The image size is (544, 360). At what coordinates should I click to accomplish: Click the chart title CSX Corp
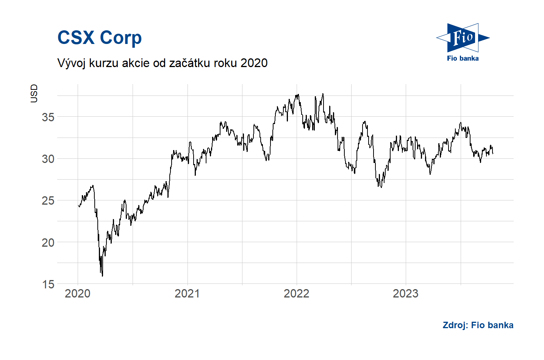pos(99,38)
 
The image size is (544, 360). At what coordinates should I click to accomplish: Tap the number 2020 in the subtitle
pos(254,63)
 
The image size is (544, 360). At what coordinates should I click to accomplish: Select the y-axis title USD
pos(34,93)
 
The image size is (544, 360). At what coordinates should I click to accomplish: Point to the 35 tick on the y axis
pos(48,117)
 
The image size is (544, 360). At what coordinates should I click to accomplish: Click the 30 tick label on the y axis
pos(48,159)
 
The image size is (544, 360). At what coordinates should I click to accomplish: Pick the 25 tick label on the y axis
pos(48,200)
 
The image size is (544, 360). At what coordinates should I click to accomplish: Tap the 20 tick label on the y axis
pos(48,243)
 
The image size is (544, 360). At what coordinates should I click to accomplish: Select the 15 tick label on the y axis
pos(48,284)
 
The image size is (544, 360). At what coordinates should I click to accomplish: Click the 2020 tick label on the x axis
pos(78,293)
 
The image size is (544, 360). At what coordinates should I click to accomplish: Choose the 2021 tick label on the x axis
pos(187,293)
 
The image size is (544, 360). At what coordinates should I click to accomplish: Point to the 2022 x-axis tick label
pos(296,293)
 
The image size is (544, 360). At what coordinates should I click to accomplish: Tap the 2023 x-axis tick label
pos(405,293)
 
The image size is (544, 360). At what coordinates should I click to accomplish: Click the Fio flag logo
pos(463,38)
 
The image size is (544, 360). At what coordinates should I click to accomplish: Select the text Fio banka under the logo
pos(463,58)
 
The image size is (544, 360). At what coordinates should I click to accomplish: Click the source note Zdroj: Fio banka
pos(478,325)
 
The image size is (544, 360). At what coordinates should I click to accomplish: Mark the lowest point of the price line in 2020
pos(102,276)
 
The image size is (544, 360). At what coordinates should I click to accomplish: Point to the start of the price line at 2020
pos(78,205)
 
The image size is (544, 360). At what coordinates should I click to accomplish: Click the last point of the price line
pos(492,153)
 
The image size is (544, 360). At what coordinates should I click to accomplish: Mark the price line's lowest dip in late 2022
pos(381,187)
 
